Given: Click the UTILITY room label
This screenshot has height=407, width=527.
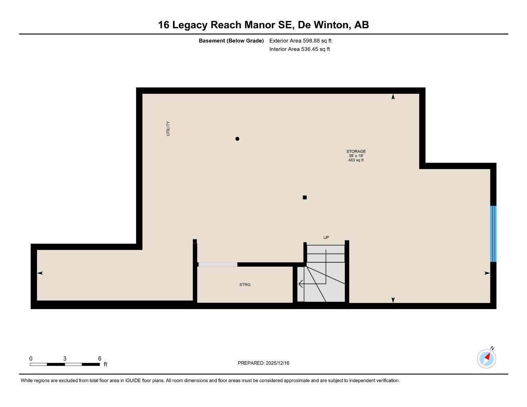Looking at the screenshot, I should (x=168, y=129).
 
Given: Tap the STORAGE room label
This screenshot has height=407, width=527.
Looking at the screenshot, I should (x=356, y=151).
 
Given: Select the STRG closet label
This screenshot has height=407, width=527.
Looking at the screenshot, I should (x=245, y=285).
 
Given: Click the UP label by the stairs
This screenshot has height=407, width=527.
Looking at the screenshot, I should (x=326, y=238).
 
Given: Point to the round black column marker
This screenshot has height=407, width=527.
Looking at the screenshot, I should (x=237, y=139).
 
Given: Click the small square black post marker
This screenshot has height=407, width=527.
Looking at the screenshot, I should (x=305, y=198).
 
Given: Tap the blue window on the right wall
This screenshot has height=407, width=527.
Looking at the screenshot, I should (x=493, y=234).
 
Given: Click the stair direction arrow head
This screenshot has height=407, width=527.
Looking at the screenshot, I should (x=300, y=284).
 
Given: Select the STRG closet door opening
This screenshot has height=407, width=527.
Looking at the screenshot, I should (x=218, y=265).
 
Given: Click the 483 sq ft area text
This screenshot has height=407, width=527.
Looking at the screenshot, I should (x=356, y=160).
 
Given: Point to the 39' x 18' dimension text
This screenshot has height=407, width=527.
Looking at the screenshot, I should (x=356, y=156).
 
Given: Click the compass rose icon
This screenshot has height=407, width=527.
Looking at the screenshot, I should (x=486, y=359).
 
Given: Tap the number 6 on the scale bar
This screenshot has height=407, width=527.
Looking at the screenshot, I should (x=99, y=359).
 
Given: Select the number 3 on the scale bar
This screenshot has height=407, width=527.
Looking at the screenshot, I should (x=64, y=359).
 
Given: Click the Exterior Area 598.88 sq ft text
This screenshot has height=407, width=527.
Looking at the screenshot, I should (x=300, y=41).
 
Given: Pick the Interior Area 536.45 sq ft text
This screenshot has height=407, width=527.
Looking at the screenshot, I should (x=299, y=49).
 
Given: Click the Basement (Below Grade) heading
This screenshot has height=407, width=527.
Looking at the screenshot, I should (x=231, y=41).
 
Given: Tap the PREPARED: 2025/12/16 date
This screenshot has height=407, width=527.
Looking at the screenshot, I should (x=263, y=363).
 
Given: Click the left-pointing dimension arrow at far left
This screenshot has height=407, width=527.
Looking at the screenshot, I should (x=40, y=273).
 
